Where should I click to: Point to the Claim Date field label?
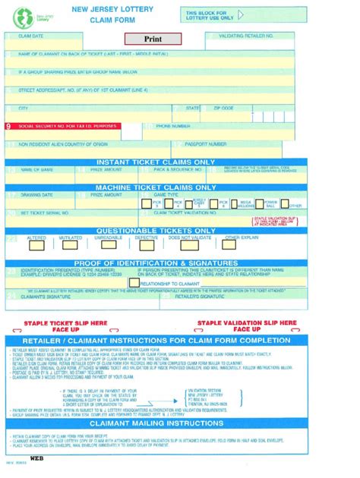point(31,36)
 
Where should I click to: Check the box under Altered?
point(36,244)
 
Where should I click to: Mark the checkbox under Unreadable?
point(109,244)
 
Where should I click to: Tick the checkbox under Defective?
point(147,244)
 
